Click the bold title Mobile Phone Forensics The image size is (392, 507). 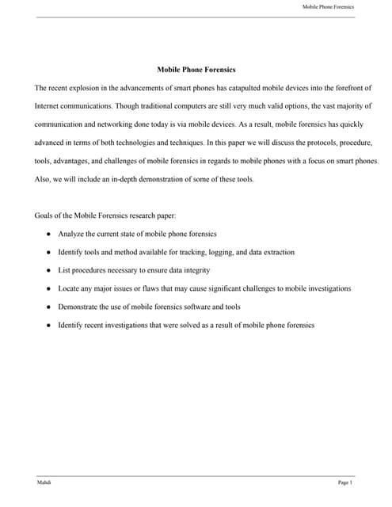coord(196,70)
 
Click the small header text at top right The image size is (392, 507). coord(328,7)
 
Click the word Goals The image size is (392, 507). coord(44,215)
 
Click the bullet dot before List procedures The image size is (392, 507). coord(49,271)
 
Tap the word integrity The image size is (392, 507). coord(196,271)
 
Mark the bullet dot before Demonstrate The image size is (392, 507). coord(49,307)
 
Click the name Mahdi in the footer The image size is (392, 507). coord(43,482)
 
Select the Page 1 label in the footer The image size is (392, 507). coord(344,482)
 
